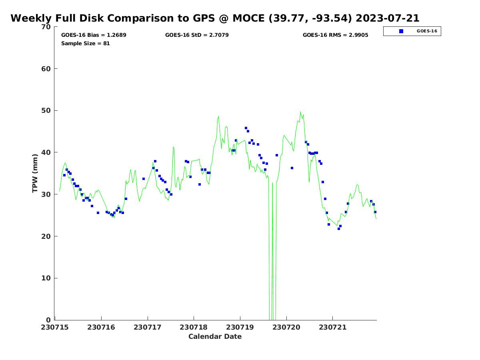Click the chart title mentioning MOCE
215,18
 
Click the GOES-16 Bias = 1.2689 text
94,35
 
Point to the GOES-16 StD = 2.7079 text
197,35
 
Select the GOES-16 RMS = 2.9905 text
335,35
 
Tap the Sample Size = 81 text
85,43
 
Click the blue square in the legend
401,31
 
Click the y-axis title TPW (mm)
35,173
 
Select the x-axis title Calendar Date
215,336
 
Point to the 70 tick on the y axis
46,27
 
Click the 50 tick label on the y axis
46,110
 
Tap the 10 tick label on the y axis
46,278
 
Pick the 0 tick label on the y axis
48,320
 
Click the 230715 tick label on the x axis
55,327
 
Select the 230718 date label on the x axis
194,327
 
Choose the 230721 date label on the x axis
332,327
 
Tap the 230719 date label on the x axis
240,327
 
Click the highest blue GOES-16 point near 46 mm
246,128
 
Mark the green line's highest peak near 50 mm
300,112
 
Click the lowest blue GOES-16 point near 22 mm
339,229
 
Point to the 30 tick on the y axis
46,194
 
